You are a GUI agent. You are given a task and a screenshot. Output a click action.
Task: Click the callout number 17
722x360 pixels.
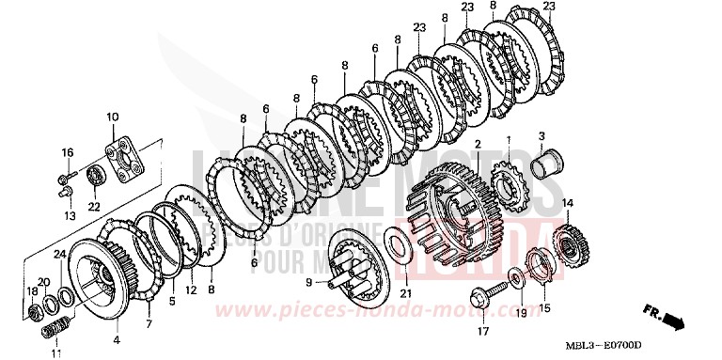[481, 330]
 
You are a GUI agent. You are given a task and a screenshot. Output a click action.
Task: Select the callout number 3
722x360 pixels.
[541, 138]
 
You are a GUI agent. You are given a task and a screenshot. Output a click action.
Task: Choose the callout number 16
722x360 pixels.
[68, 152]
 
